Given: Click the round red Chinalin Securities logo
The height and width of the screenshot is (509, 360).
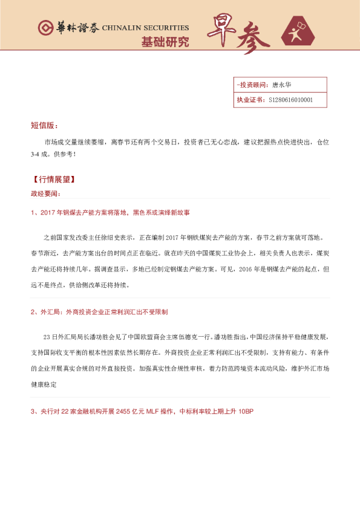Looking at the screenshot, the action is pos(45,28).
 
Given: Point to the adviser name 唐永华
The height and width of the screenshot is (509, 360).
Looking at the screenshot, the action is pos(282,85).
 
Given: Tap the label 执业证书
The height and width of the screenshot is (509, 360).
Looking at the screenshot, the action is pos(249,100).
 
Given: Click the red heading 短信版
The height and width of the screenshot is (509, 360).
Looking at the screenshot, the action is pos(44,126).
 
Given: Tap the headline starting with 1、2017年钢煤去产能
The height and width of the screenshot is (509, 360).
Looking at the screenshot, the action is pos(110,213).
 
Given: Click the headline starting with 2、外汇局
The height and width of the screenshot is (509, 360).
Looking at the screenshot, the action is pos(99,312).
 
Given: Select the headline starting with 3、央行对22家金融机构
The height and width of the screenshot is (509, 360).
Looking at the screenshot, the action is pos(142,412).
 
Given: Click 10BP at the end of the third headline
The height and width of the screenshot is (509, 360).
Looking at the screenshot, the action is pos(246,412).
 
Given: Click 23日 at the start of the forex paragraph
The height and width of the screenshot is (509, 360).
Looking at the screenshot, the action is pos(50,336).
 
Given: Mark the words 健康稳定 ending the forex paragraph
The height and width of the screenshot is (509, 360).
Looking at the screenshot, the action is pos(44,383).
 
